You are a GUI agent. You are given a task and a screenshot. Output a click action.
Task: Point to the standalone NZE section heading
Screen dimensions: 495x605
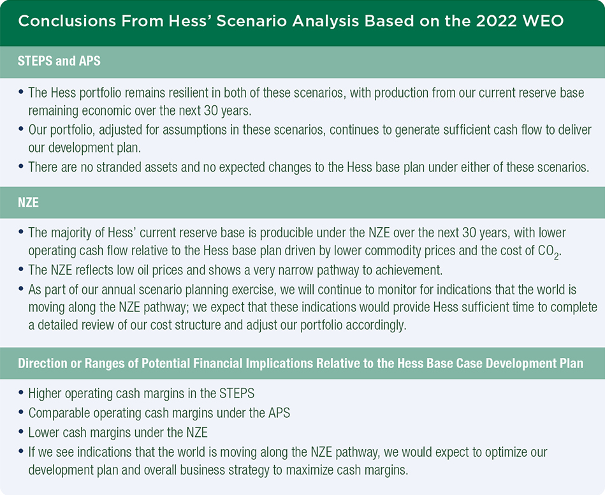coord(29,202)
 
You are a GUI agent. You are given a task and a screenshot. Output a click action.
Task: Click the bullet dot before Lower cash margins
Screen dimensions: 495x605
coord(22,433)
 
